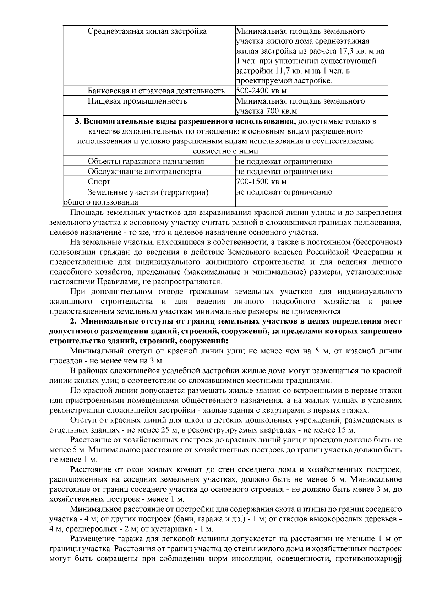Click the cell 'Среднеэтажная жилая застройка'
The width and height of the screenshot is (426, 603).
(147, 32)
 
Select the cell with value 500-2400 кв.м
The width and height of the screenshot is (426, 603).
(261, 91)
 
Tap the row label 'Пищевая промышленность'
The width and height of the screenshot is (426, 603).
(137, 102)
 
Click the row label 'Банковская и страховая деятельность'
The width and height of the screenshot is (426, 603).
(156, 91)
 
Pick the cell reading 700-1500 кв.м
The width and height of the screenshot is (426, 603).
(261, 182)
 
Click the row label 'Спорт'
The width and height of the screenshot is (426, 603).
(99, 182)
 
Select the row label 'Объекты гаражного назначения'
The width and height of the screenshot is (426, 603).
(146, 162)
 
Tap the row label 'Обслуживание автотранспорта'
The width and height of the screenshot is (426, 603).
(144, 172)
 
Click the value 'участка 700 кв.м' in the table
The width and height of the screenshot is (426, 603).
(266, 112)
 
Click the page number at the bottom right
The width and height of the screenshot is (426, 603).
(397, 570)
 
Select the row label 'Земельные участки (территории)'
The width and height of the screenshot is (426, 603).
(148, 192)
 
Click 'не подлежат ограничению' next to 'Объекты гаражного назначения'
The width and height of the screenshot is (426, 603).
(284, 162)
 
